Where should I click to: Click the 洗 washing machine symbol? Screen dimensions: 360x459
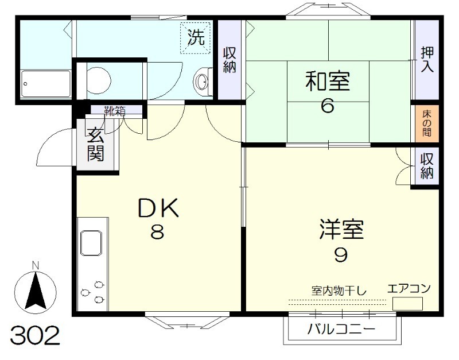click(x=197, y=38)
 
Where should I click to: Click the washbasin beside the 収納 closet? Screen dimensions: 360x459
click(x=201, y=82)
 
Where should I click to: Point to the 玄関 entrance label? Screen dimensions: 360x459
click(x=96, y=145)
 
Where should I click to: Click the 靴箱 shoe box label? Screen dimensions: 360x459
click(x=114, y=111)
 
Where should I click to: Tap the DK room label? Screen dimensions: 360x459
click(x=158, y=208)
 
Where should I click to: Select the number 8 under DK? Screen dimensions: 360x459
click(x=158, y=233)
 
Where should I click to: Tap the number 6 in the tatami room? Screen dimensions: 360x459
click(x=327, y=107)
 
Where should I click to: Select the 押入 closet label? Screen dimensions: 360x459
click(x=427, y=59)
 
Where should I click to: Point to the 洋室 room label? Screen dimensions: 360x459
click(x=341, y=230)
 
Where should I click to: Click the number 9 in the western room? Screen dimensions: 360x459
click(x=341, y=255)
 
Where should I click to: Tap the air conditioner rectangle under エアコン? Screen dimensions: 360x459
click(x=407, y=303)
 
